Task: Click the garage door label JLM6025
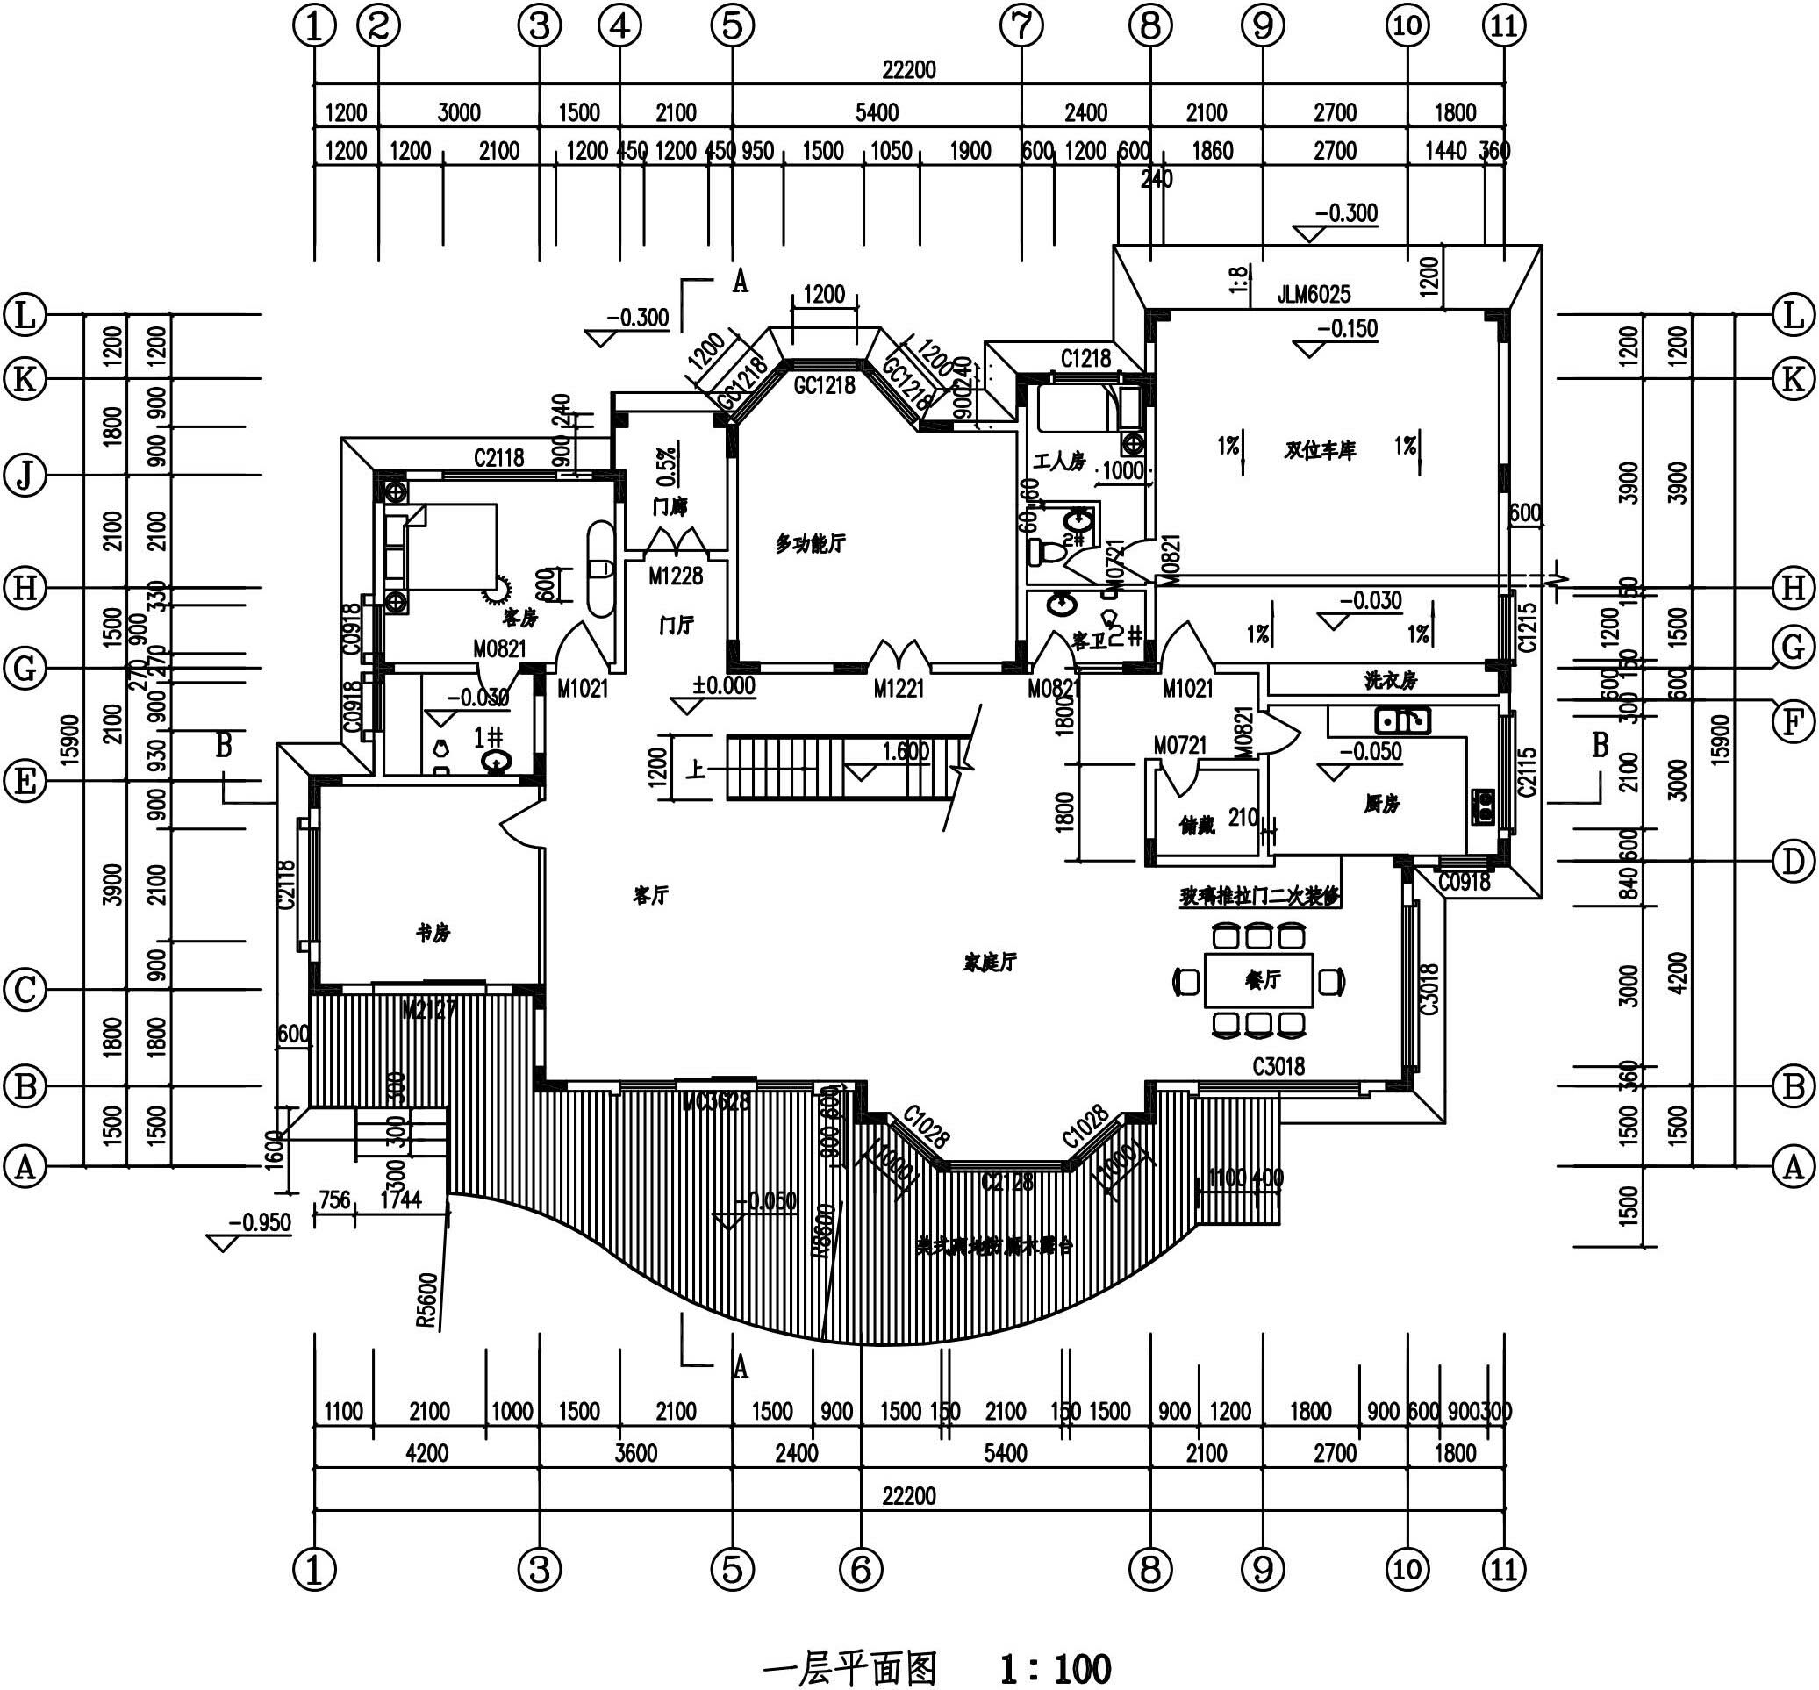[1314, 295]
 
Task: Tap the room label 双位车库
[1319, 450]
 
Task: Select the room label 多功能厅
[810, 544]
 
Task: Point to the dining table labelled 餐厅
[1259, 980]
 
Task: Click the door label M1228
[676, 576]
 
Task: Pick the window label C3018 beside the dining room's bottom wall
[1278, 1066]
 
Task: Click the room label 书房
[433, 934]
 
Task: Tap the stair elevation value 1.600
[905, 751]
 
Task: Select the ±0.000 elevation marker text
[723, 686]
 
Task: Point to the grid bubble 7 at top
[1021, 26]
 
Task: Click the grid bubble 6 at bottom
[861, 1569]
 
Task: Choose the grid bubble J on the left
[25, 476]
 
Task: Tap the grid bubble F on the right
[1793, 722]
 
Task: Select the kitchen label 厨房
[1381, 804]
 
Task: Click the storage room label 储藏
[1197, 826]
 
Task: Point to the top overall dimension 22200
[908, 69]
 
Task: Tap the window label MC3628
[715, 1101]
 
